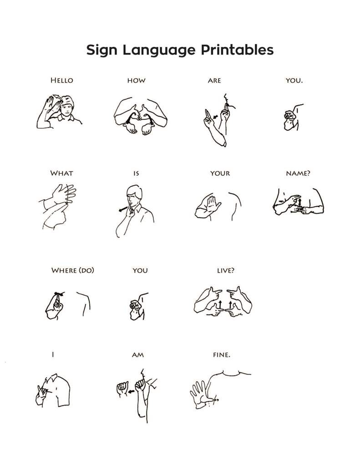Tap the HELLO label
[x=61, y=81]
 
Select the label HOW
[x=136, y=81]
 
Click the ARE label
[x=214, y=81]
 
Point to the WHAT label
[x=61, y=173]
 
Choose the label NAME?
[x=298, y=173]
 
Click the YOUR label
[x=220, y=173]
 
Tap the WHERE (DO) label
[x=73, y=270]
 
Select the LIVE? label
[x=226, y=270]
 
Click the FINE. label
[x=222, y=355]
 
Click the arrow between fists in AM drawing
[x=131, y=390]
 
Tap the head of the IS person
[x=133, y=195]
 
